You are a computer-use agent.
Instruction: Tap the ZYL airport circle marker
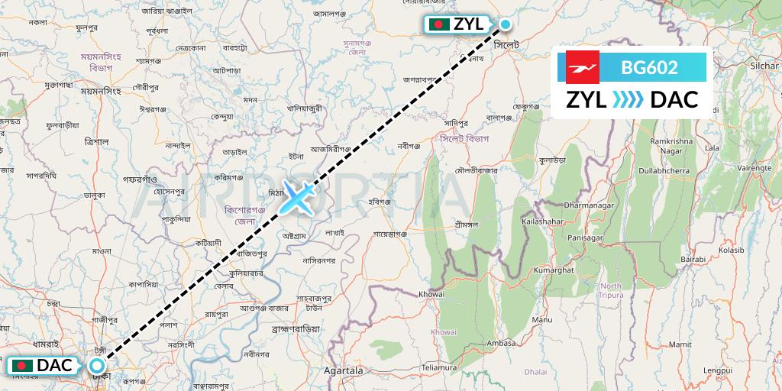pyautogui.click(x=505, y=24)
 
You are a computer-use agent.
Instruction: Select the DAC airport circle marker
pyautogui.click(x=98, y=365)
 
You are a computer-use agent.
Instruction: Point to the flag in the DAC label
pyautogui.click(x=23, y=366)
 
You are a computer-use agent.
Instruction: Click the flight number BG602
pyautogui.click(x=649, y=68)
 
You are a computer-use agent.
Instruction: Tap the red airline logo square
pyautogui.click(x=582, y=67)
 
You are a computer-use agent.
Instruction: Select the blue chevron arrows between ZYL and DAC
pyautogui.click(x=629, y=100)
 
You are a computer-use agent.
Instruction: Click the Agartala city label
pyautogui.click(x=341, y=370)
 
